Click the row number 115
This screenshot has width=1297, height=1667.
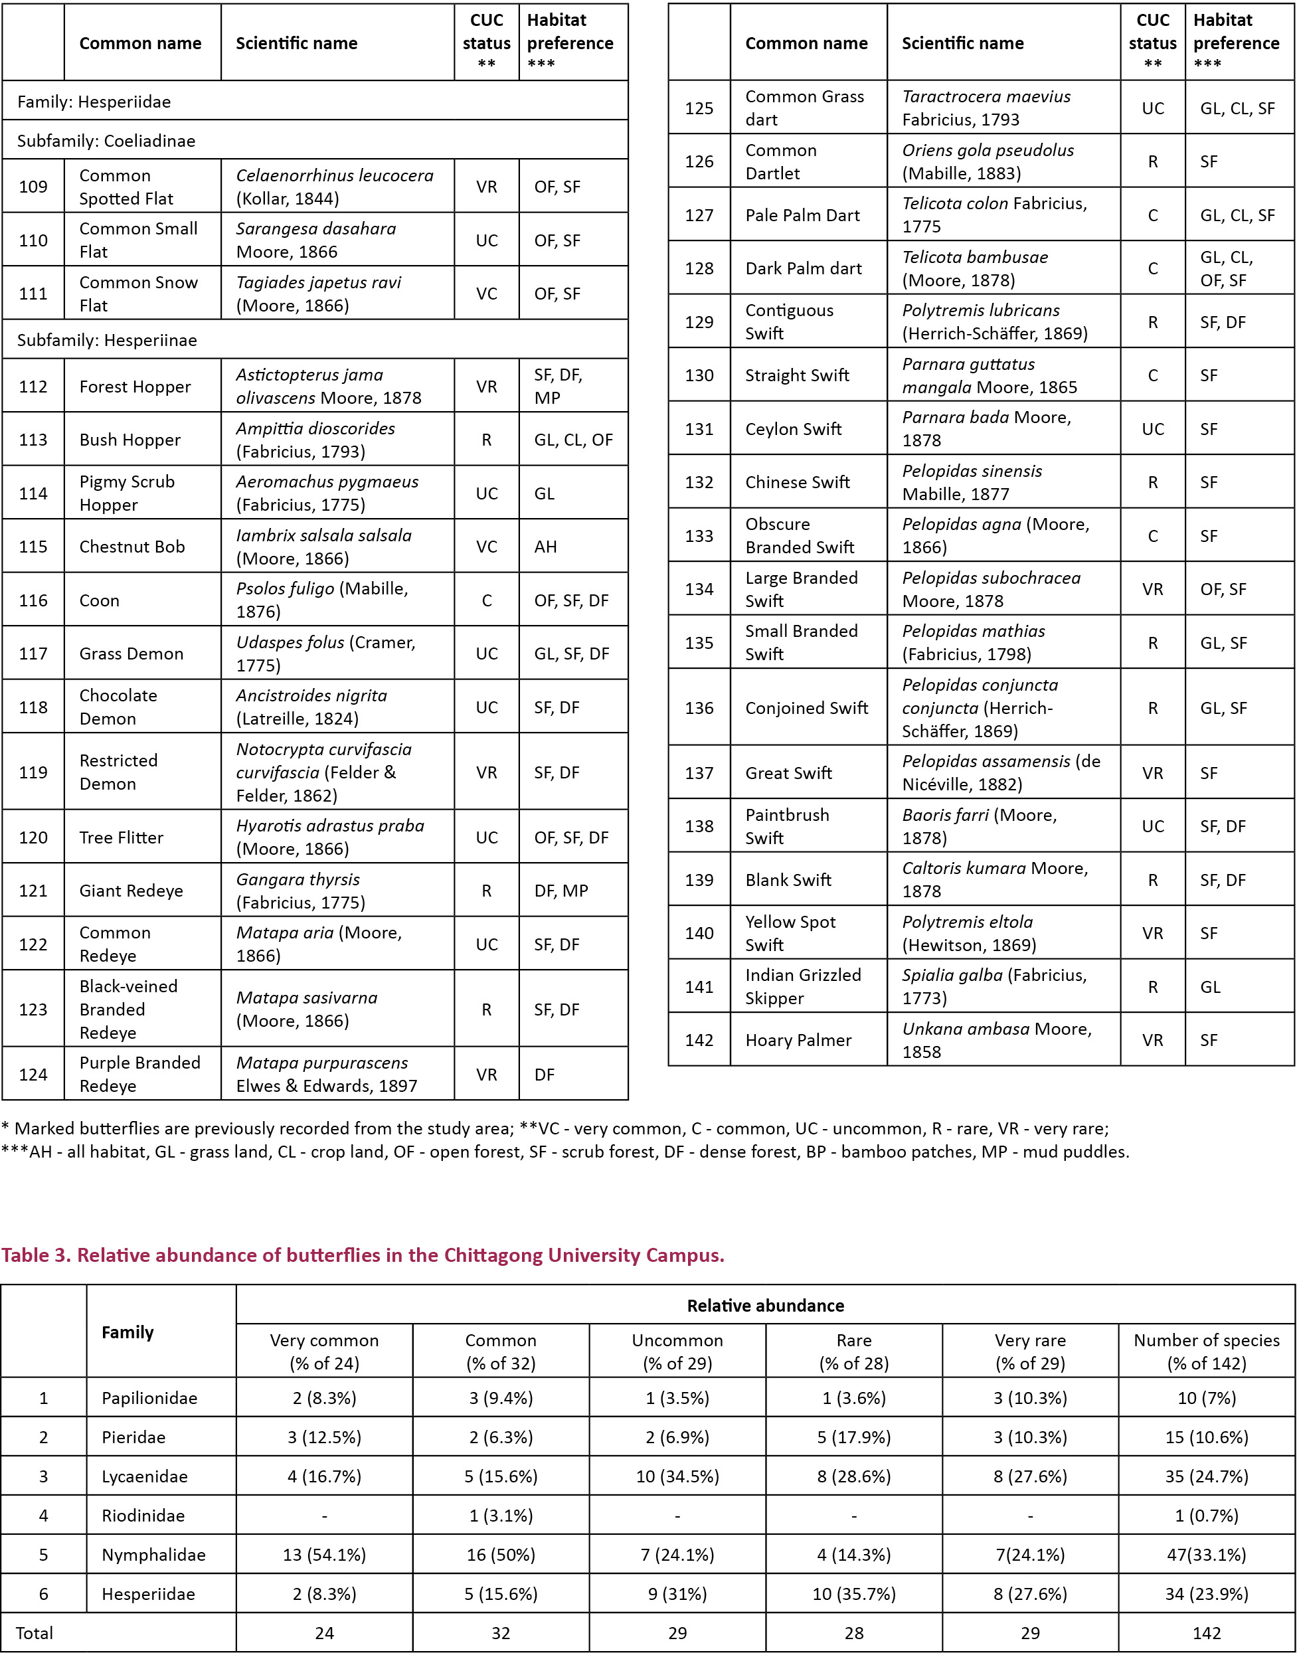coord(33,547)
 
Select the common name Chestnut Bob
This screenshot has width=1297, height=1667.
coord(132,547)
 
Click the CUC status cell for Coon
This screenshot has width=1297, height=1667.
coord(486,600)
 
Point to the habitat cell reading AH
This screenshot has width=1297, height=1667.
coord(546,547)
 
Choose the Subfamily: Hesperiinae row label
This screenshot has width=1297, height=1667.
coord(107,339)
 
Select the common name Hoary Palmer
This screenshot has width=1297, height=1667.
coord(798,1039)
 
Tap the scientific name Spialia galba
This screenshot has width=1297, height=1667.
coord(994,986)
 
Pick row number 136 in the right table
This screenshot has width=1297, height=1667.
coord(699,707)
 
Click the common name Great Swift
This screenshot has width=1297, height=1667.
coord(788,772)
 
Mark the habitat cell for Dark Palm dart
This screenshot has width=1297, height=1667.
coord(1226,269)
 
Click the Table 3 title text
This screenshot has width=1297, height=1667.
coord(363,1255)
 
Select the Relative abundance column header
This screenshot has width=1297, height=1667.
coord(765,1305)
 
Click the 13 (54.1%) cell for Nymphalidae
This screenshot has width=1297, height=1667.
coord(325,1554)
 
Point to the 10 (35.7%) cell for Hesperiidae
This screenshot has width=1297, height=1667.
coord(853,1594)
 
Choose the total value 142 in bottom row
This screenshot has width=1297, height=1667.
coord(1206,1632)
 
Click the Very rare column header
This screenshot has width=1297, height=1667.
coord(1030,1351)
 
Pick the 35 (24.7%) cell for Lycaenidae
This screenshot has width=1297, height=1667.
coord(1206,1476)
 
